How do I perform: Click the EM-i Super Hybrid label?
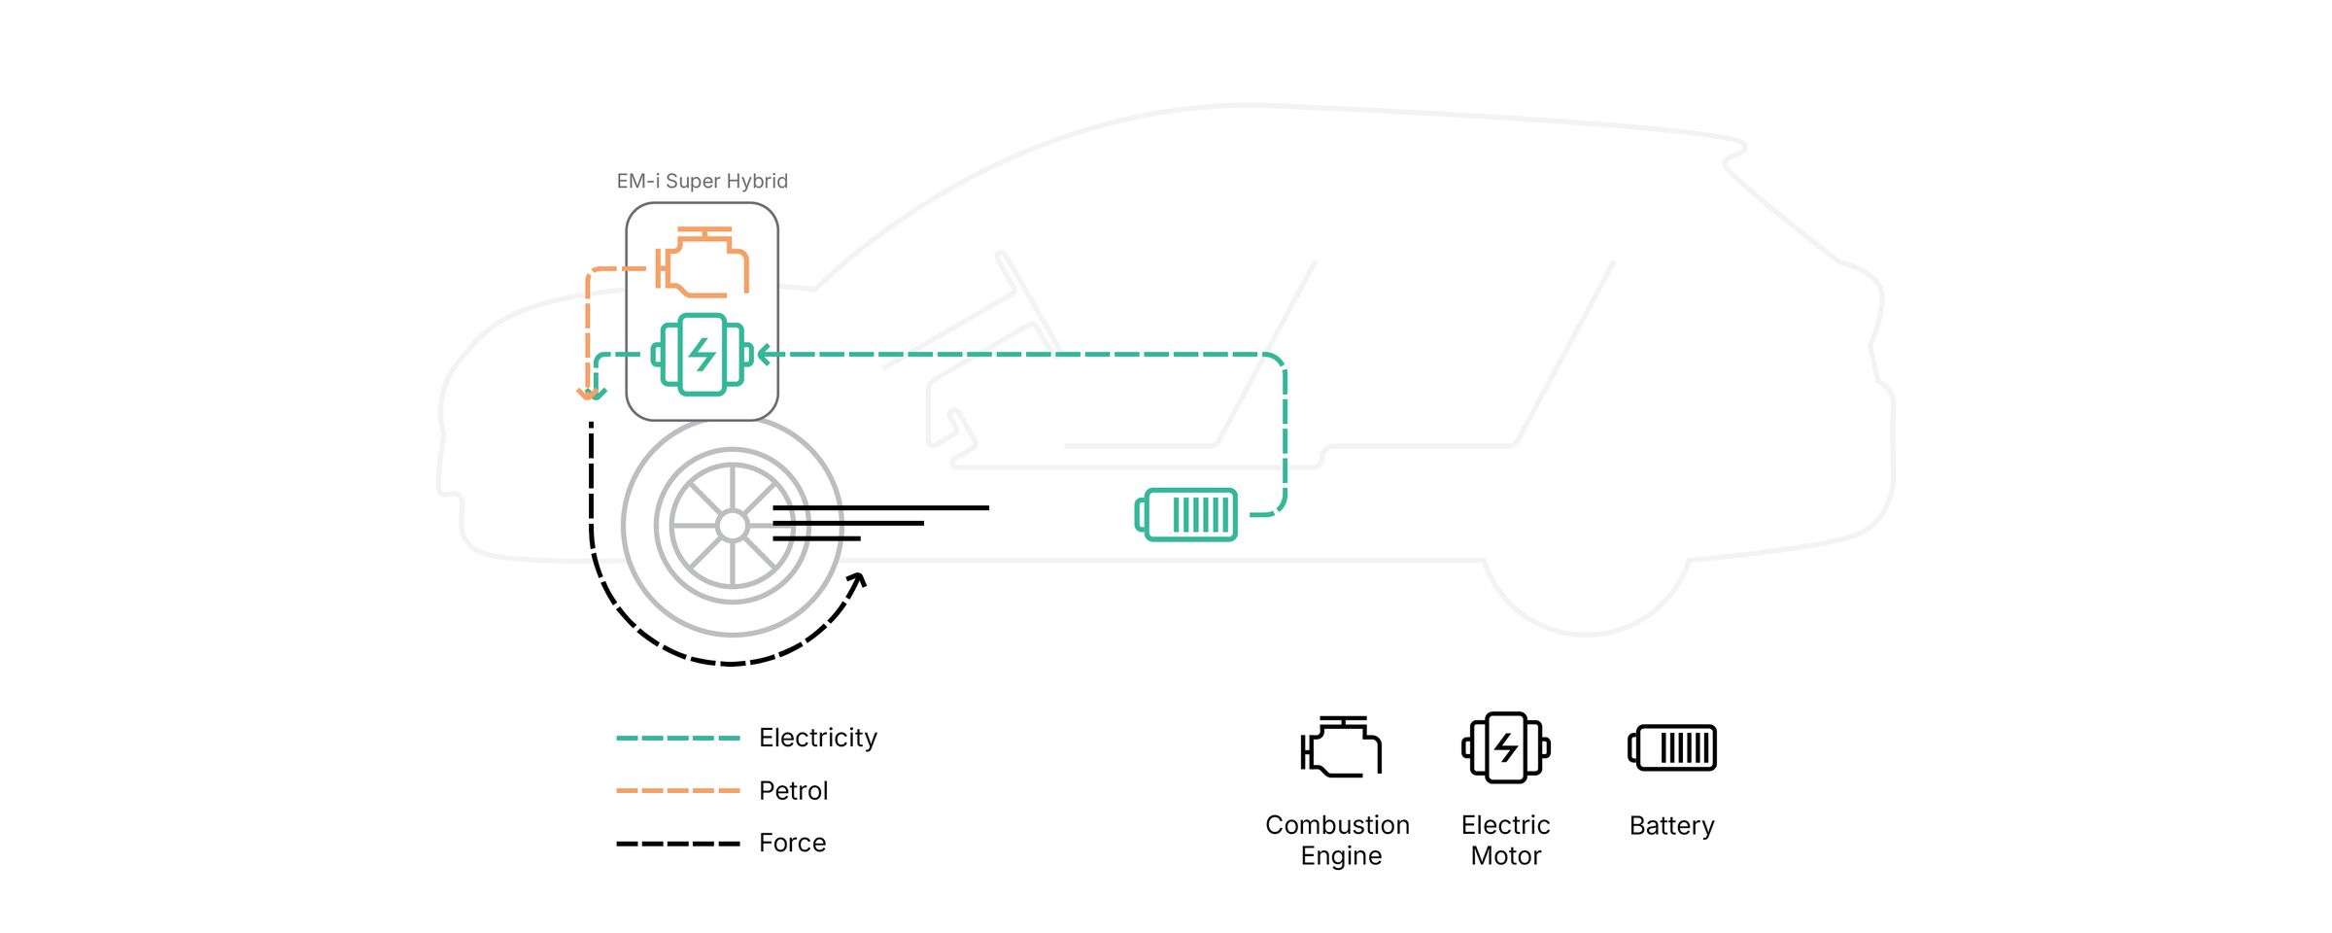702,182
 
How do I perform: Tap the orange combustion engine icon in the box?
702,262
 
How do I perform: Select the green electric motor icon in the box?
702,355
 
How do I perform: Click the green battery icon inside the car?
1186,514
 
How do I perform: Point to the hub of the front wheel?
732,526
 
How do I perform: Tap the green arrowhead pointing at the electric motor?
765,355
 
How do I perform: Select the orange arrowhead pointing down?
586,394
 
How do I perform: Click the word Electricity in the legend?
817,738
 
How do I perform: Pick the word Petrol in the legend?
793,791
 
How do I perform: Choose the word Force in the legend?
792,844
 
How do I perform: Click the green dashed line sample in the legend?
677,739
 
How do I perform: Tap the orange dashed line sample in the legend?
677,791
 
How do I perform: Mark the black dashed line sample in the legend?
677,844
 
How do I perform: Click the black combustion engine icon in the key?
1341,747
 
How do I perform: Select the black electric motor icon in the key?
1505,747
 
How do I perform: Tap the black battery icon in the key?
1672,748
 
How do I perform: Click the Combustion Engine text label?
1338,841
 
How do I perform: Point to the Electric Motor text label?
1505,841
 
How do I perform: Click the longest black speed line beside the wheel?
880,507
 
